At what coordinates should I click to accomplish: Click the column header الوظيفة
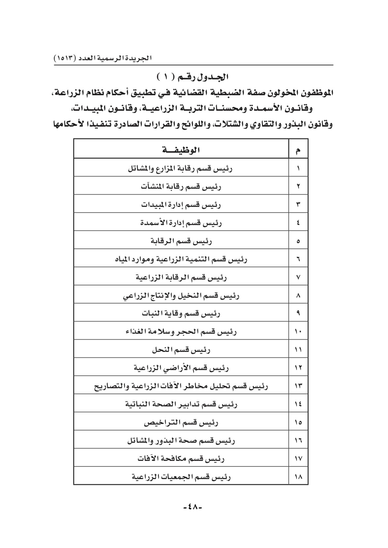(181, 150)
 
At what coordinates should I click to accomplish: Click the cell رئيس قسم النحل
(181, 349)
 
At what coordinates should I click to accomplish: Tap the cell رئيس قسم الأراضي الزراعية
(181, 368)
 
